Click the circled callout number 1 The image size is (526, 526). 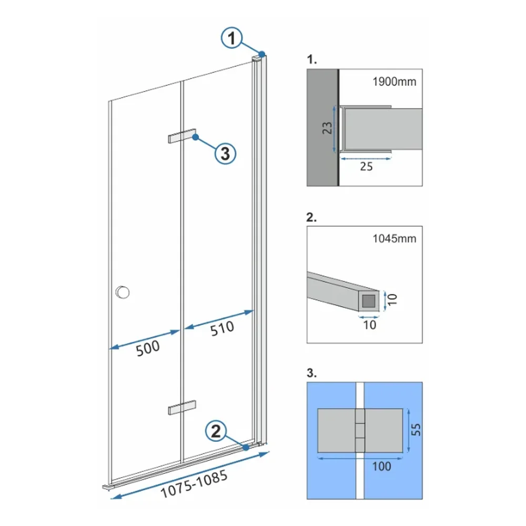231,38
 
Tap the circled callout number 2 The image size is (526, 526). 216,431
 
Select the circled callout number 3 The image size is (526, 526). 225,154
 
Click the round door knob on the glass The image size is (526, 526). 123,292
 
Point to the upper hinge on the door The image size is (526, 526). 182,136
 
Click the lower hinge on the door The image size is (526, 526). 182,407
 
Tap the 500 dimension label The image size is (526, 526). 148,348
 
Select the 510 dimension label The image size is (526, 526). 222,328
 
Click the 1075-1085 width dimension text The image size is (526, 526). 194,484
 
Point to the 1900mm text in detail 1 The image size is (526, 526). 394,82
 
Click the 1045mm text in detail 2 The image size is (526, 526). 394,238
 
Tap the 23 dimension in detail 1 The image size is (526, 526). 327,128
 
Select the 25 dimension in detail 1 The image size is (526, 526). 366,166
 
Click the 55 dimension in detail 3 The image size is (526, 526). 416,429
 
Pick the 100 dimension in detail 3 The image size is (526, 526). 381,466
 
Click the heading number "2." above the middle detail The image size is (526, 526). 311,217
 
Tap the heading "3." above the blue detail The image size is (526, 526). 311,373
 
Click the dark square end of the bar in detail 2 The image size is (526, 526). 369,301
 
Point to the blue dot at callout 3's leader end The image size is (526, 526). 196,137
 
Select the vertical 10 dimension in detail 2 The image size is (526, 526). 392,299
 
